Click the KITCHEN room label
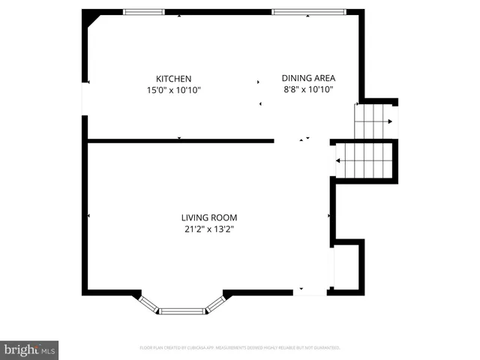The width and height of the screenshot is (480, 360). (x=173, y=79)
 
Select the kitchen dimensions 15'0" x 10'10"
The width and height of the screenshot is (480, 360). (x=173, y=90)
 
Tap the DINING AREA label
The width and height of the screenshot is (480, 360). (x=307, y=77)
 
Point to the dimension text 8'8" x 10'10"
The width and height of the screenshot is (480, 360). (x=307, y=88)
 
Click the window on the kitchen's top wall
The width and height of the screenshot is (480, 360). (x=143, y=11)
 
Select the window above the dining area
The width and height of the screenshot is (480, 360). (x=309, y=11)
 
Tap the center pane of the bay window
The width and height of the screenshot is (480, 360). (x=182, y=310)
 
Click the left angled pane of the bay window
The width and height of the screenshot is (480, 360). (x=149, y=302)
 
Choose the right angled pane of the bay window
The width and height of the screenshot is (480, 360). (x=215, y=302)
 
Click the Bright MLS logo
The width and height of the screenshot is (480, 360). (x=30, y=349)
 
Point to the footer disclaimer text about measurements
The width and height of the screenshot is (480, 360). (x=240, y=348)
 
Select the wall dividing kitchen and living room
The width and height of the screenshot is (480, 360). (x=180, y=140)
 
